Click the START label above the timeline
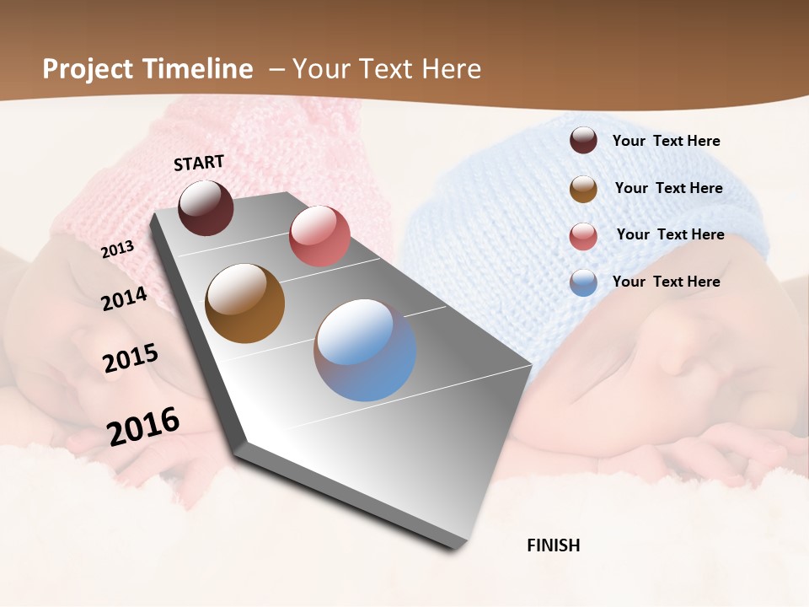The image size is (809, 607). (x=199, y=163)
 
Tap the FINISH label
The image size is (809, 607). (x=553, y=545)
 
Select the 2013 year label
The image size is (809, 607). (x=117, y=249)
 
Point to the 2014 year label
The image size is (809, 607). (x=124, y=299)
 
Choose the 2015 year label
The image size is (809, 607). (x=131, y=358)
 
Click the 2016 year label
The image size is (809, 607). (x=143, y=426)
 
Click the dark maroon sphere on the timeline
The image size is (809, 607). (x=206, y=208)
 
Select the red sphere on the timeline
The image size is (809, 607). (x=319, y=235)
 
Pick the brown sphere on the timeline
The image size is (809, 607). (x=244, y=303)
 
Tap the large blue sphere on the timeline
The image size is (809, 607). (x=365, y=350)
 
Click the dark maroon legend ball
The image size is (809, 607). (x=583, y=140)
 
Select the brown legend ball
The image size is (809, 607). (x=583, y=189)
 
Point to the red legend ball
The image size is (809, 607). (x=583, y=236)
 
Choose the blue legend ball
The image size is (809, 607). (x=583, y=282)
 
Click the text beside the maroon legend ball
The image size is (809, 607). (x=666, y=141)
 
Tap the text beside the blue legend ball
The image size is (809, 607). (x=666, y=282)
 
